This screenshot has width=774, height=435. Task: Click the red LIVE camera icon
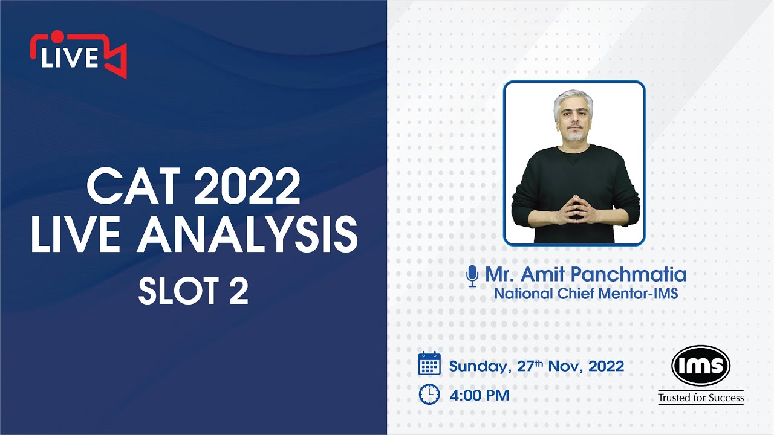[x=78, y=54]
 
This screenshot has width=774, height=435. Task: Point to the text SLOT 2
[x=193, y=292]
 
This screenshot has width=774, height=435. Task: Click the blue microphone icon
[x=472, y=275]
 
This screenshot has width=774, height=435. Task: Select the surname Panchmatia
[x=629, y=275]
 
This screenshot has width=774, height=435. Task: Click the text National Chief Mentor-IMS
[x=586, y=294]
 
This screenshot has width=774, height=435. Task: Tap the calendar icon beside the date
[x=429, y=364]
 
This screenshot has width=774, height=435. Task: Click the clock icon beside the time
[x=429, y=395]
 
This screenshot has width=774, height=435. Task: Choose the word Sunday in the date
[x=480, y=366]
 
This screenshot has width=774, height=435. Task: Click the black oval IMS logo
[x=701, y=366]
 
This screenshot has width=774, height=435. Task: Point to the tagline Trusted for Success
[x=701, y=398]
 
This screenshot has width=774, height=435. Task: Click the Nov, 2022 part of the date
[x=592, y=366]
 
